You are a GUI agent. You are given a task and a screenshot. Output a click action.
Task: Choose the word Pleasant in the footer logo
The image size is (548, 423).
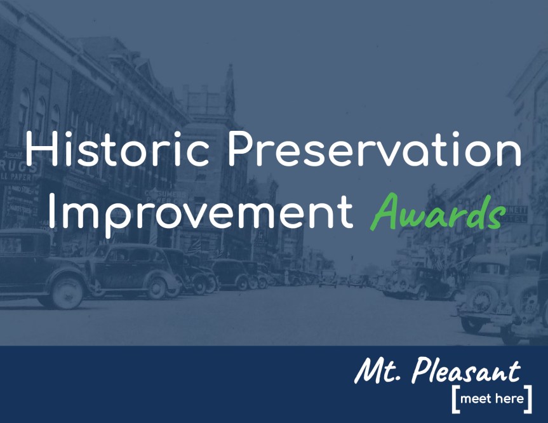[466, 370]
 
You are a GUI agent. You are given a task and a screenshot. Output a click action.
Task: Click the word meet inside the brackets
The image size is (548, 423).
[476, 399]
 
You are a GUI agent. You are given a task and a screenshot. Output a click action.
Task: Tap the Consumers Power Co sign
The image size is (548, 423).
[163, 195]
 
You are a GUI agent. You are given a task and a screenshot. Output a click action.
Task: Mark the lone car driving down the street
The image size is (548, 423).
[327, 279]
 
